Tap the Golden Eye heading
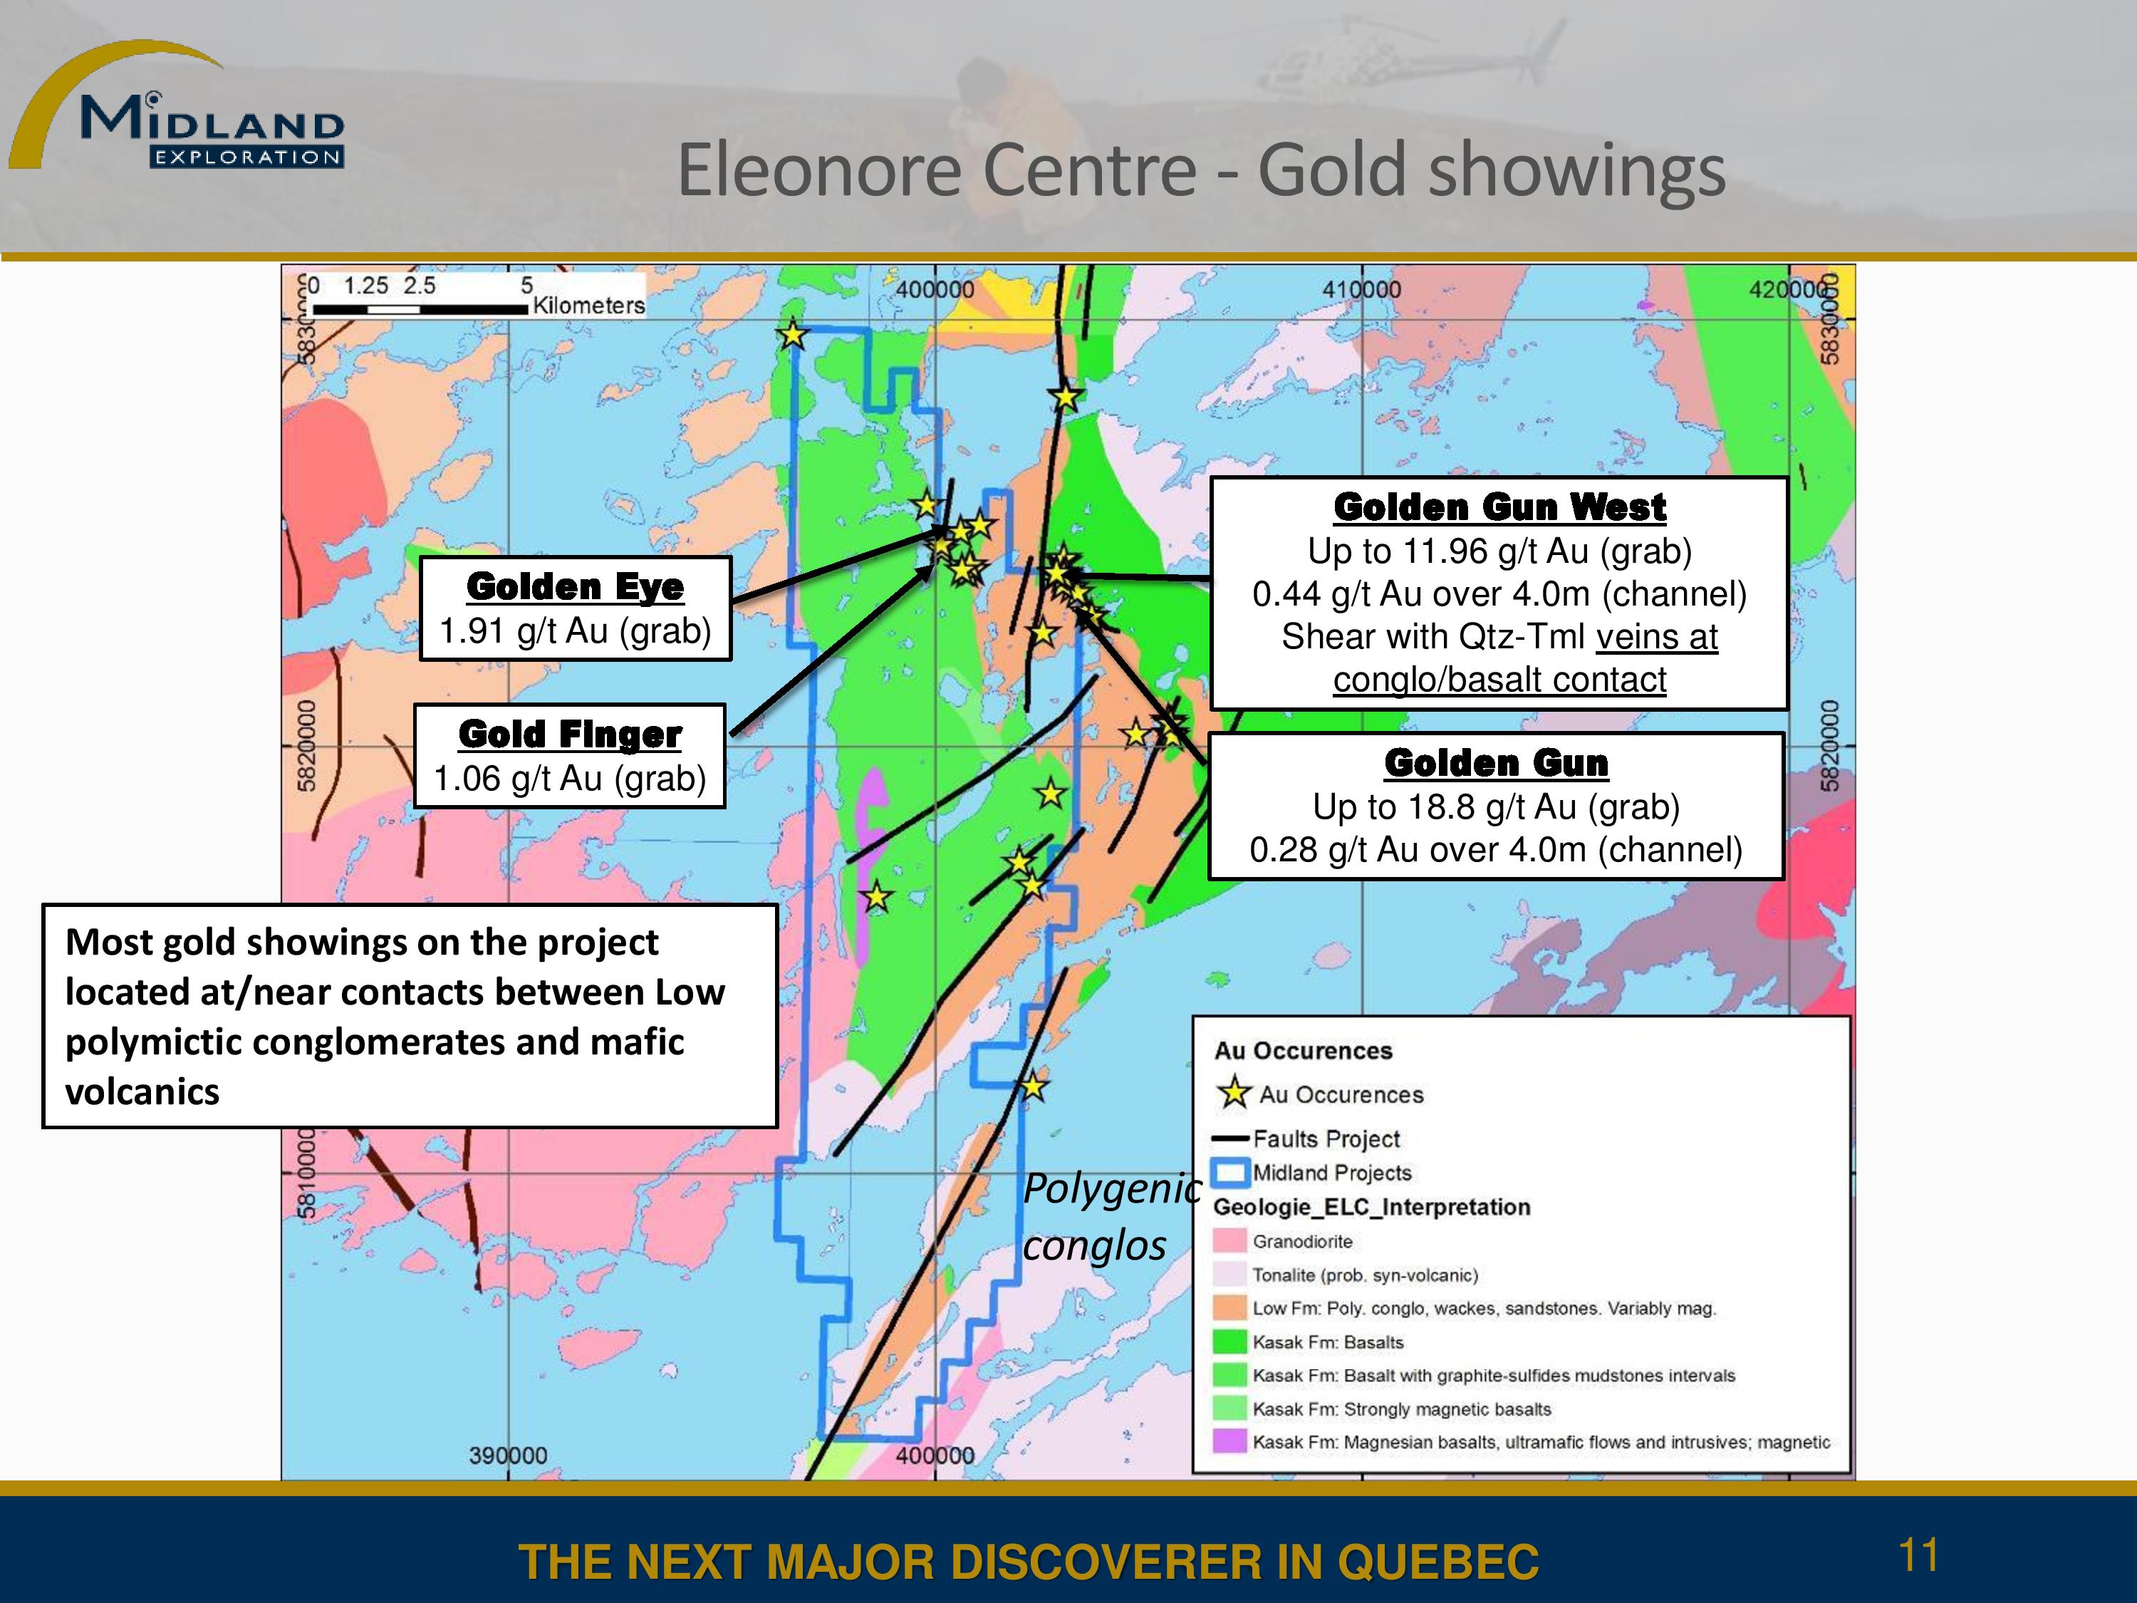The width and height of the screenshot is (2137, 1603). [x=575, y=586]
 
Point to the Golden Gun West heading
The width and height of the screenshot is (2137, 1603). [x=1499, y=507]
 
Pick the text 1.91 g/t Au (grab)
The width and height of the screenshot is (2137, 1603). [x=575, y=631]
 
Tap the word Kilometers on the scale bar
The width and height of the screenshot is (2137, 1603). [x=588, y=306]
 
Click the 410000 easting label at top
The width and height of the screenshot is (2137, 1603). [x=1361, y=289]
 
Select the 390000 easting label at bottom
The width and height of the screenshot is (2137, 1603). [x=508, y=1455]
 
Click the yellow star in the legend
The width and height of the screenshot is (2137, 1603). [x=1234, y=1093]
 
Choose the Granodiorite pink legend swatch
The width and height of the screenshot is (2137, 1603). [x=1229, y=1240]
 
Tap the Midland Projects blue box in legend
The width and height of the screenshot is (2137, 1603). [x=1231, y=1173]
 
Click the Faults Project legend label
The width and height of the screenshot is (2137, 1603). [x=1326, y=1139]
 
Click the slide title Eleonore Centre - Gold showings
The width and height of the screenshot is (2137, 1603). [x=1201, y=170]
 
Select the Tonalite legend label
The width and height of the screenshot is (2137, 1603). [x=1365, y=1275]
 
